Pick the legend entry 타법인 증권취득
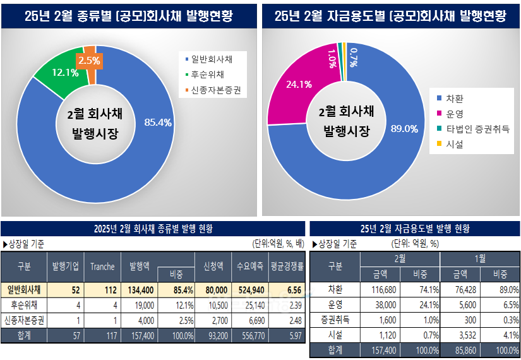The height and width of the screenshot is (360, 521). click(x=477, y=129)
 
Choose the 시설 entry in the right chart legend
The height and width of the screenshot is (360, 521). click(x=454, y=145)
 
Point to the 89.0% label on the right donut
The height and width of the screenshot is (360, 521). click(x=404, y=129)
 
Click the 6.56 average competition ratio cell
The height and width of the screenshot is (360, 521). click(x=288, y=290)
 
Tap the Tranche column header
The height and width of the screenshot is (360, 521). click(x=102, y=267)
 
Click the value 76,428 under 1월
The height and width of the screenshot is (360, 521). click(x=459, y=290)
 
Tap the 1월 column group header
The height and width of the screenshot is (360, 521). click(x=479, y=259)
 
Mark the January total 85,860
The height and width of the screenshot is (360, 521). click(x=459, y=351)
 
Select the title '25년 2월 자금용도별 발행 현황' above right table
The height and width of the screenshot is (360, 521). click(x=414, y=229)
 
